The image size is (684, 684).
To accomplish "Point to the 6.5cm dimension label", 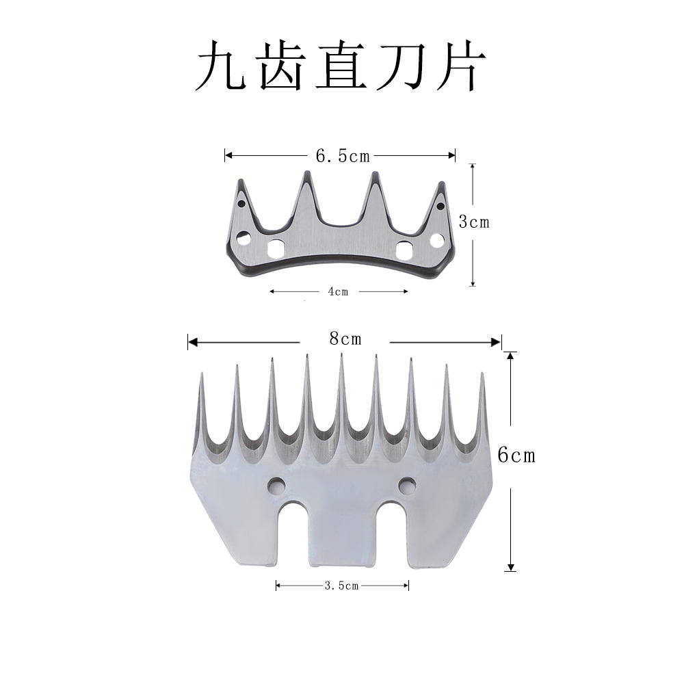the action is tap(342, 156).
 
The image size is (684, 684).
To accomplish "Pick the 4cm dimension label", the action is tap(338, 291).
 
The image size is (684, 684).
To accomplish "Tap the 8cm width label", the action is tap(345, 339).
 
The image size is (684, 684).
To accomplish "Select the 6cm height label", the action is tap(516, 455).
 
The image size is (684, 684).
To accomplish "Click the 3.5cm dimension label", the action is tap(342, 586).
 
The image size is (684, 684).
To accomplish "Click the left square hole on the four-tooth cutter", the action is tap(276, 248).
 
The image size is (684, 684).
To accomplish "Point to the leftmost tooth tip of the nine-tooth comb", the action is tap(201, 374).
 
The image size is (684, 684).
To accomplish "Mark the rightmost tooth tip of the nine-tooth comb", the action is tap(482, 374).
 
